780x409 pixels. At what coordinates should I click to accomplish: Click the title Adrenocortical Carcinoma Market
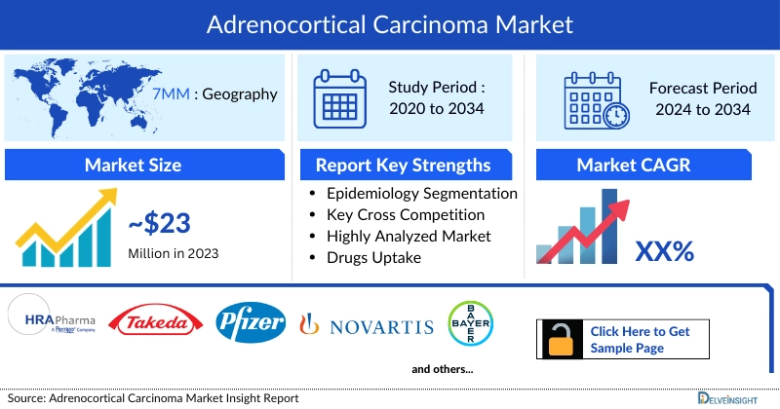click(390, 21)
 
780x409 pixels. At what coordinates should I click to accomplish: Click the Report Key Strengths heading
click(402, 165)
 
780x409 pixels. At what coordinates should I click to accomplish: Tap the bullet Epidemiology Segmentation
click(421, 193)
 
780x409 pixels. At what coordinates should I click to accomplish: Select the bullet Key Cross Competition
click(406, 214)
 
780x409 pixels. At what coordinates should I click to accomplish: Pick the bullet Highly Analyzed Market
click(409, 236)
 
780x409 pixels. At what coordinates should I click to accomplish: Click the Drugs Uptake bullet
click(374, 257)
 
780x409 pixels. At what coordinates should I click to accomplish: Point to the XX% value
click(664, 251)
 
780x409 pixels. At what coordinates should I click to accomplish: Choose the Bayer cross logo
click(470, 324)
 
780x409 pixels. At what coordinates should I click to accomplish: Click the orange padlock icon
click(562, 340)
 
